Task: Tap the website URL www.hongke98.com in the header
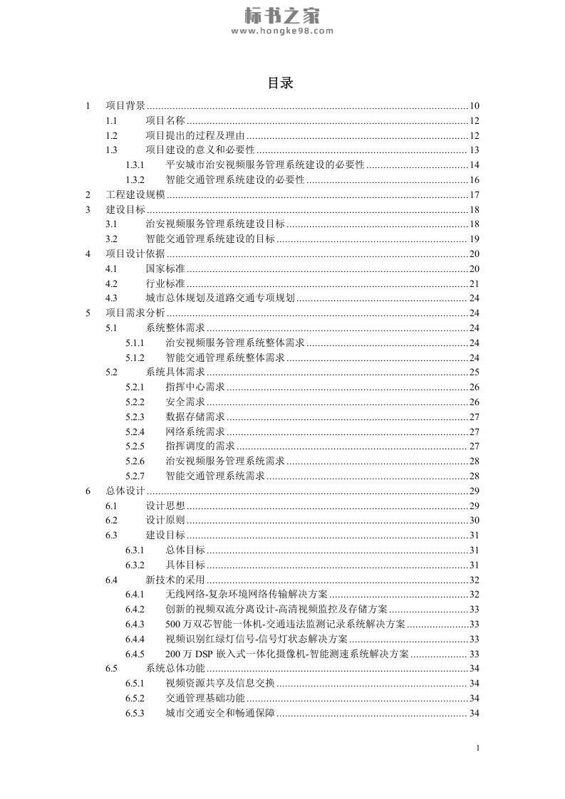click(x=281, y=31)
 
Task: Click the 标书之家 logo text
click(x=281, y=14)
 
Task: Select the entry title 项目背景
click(x=125, y=106)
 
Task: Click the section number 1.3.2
click(x=135, y=180)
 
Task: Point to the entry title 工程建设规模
click(x=135, y=195)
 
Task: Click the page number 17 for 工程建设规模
click(x=475, y=195)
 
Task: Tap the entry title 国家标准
click(x=165, y=269)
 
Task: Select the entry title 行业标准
click(x=165, y=284)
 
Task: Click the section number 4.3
click(x=111, y=299)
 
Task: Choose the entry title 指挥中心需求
click(x=195, y=387)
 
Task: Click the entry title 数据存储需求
click(x=195, y=417)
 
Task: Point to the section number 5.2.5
click(x=135, y=446)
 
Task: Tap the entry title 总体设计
click(x=125, y=491)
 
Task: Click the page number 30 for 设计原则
click(x=475, y=521)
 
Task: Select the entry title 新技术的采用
click(x=175, y=580)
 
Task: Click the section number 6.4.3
click(x=135, y=625)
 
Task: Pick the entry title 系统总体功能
click(x=175, y=669)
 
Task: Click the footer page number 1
click(x=477, y=748)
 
